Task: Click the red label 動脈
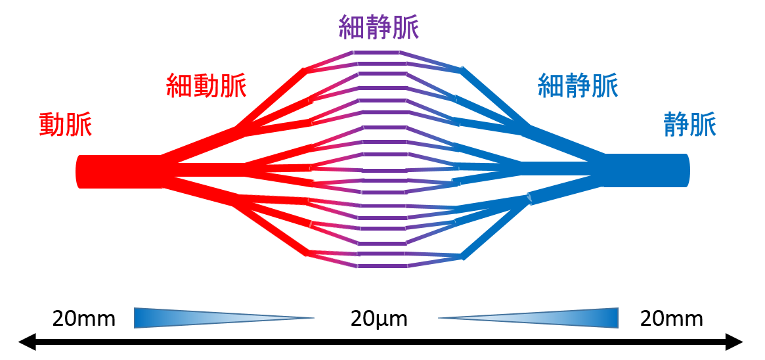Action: click(x=66, y=125)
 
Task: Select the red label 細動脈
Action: click(x=206, y=86)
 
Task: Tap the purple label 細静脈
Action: click(x=379, y=28)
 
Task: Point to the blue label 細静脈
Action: click(x=578, y=85)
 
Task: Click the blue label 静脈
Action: click(x=689, y=125)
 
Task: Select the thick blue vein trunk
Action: click(x=647, y=170)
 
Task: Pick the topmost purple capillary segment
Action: click(x=377, y=52)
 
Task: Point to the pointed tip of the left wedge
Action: click(x=313, y=318)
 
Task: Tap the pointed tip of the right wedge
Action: click(x=440, y=318)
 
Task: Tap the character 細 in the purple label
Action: click(x=352, y=28)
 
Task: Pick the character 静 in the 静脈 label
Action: click(x=676, y=125)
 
